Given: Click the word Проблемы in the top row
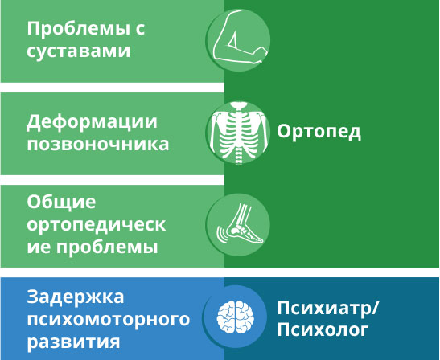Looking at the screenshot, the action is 76,29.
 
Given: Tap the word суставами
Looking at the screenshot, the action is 79,51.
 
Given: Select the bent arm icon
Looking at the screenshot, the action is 240,37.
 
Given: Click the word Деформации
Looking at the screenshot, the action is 92,122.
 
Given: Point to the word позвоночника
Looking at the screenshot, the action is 98,145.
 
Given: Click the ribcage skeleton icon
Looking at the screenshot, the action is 239,133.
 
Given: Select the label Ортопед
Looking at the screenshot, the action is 319,132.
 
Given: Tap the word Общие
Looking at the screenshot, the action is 61,202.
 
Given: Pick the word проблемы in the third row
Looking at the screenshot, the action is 107,247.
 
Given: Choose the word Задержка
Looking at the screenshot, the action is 75,297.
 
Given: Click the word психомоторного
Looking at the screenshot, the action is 109,320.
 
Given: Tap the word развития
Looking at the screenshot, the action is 73,342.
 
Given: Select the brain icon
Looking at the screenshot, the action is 236,317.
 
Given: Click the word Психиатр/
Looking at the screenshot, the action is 328,309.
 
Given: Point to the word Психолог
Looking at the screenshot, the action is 323,329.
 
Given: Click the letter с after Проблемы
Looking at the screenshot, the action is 139,29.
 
